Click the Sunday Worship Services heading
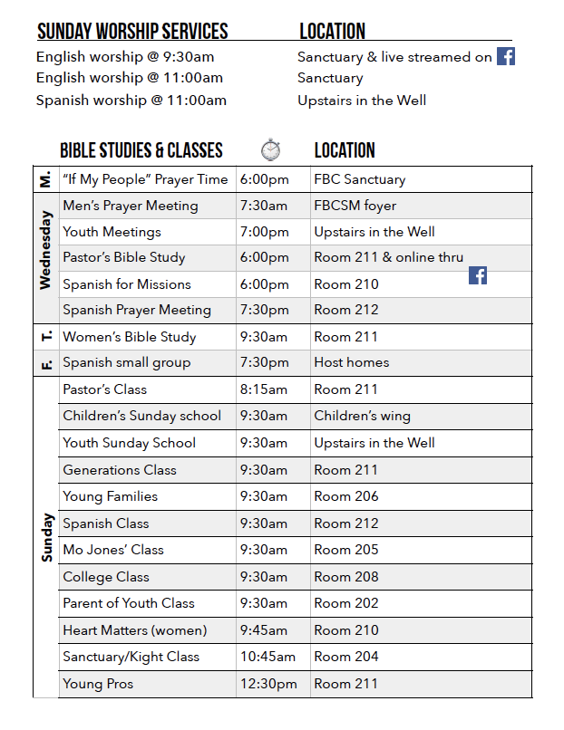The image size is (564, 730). point(132,33)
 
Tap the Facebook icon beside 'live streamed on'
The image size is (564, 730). point(506,56)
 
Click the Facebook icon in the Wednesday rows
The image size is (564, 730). point(478,275)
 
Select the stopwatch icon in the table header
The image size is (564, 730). point(270,149)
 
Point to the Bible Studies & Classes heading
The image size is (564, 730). point(141,150)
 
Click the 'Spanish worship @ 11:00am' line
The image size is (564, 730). point(131,101)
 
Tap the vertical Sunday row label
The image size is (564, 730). point(46,537)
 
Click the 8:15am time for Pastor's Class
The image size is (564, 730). point(264,389)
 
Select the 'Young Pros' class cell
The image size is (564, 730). point(98,684)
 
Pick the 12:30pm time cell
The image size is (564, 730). point(268,684)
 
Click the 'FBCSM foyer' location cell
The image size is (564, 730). point(355,206)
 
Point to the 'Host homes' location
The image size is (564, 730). point(352,362)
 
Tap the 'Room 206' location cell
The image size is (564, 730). point(346,496)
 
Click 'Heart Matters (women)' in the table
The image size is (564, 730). point(135,630)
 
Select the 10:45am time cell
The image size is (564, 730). point(268,657)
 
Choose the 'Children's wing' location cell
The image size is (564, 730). point(362,416)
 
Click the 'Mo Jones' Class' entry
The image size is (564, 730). point(113,550)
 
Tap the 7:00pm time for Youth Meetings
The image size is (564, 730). point(265,232)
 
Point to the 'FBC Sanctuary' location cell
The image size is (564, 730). point(360,179)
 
